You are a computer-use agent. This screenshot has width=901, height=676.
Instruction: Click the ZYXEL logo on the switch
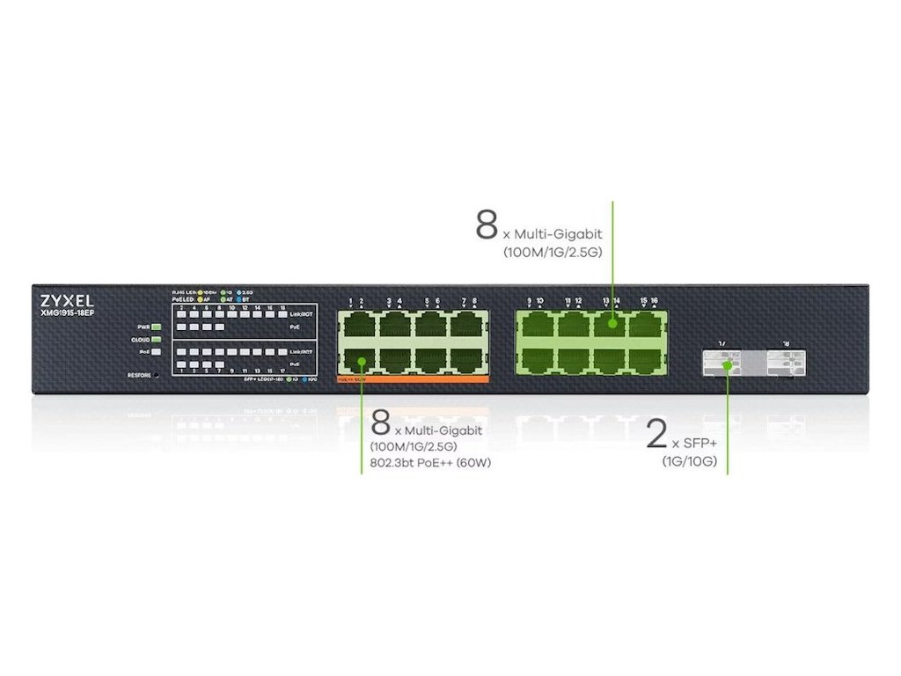[x=67, y=299]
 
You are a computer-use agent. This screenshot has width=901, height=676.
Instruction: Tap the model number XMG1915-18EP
[x=67, y=312]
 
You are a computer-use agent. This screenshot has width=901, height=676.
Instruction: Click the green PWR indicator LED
[x=157, y=327]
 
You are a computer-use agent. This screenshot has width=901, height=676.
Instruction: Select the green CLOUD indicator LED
[x=157, y=339]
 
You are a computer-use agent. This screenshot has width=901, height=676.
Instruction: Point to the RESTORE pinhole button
[x=157, y=375]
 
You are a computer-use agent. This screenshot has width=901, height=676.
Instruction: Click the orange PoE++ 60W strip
[x=412, y=378]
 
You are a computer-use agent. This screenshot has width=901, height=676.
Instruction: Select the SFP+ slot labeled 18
[x=786, y=362]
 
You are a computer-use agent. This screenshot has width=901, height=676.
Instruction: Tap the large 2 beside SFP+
[x=656, y=435]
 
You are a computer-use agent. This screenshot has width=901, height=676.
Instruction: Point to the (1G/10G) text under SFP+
[x=690, y=461]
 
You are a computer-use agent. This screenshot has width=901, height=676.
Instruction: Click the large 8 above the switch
[x=487, y=224]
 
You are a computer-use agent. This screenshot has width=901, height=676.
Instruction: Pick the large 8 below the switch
[x=381, y=422]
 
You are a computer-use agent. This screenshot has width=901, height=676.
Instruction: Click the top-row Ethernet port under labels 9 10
[x=535, y=325]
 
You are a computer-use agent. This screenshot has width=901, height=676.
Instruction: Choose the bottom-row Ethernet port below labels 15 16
[x=648, y=357]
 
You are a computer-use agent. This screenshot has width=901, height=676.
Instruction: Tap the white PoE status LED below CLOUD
[x=157, y=351]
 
